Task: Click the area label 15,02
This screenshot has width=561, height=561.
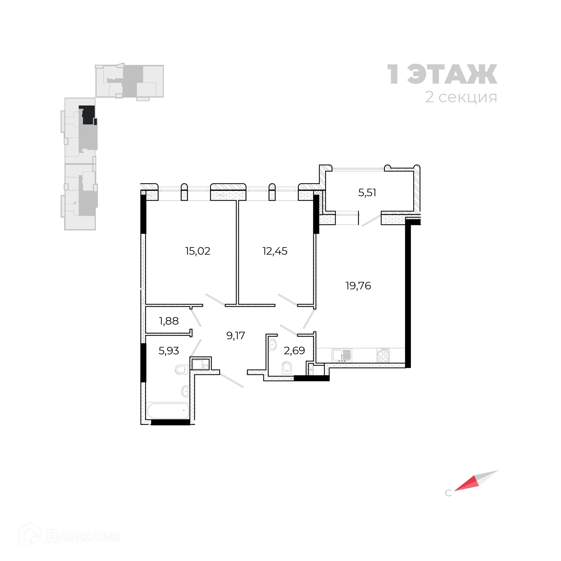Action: (x=198, y=251)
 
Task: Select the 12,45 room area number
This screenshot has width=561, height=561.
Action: (x=275, y=251)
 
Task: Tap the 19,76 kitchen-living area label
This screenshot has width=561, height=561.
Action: (x=358, y=285)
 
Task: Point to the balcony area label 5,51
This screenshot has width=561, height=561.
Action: (x=367, y=193)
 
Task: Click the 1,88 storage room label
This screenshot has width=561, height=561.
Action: (x=169, y=321)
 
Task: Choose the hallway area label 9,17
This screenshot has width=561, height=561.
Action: (x=236, y=335)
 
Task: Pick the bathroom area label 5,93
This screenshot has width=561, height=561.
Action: (x=169, y=350)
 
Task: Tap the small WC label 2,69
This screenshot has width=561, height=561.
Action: (x=295, y=350)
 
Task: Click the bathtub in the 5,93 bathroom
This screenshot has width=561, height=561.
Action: (x=168, y=411)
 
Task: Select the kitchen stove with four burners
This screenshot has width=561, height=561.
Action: (x=383, y=355)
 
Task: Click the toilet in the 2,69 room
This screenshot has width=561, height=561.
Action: (x=287, y=368)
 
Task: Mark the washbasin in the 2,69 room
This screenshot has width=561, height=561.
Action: (x=273, y=345)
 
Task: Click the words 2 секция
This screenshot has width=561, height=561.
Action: (x=461, y=97)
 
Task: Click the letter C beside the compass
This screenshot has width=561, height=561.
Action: (x=448, y=493)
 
